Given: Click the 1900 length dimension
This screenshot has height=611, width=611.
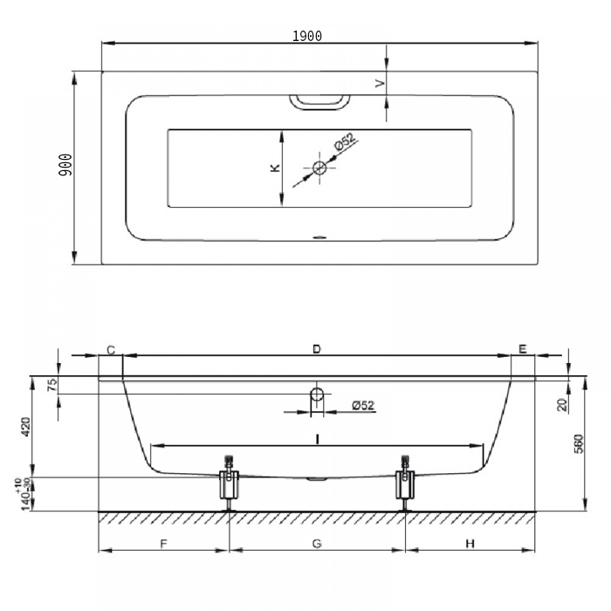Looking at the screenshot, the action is tap(307, 36).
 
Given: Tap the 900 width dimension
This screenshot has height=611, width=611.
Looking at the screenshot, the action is tap(65, 164).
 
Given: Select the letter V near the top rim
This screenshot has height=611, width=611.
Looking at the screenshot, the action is tap(380, 83).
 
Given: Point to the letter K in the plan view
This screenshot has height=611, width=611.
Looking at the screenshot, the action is tap(275, 168).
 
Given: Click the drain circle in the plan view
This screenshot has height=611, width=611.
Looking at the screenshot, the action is tap(319, 168).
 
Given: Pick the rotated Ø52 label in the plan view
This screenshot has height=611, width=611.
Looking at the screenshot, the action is tap(345, 141).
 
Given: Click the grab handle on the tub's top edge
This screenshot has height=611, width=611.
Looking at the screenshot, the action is tap(319, 102).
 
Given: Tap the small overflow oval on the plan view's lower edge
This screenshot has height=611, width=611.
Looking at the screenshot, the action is tap(319, 237).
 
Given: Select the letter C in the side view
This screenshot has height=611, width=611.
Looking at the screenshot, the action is tap(111, 350).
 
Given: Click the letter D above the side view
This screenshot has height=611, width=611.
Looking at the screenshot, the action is tap(316, 349).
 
